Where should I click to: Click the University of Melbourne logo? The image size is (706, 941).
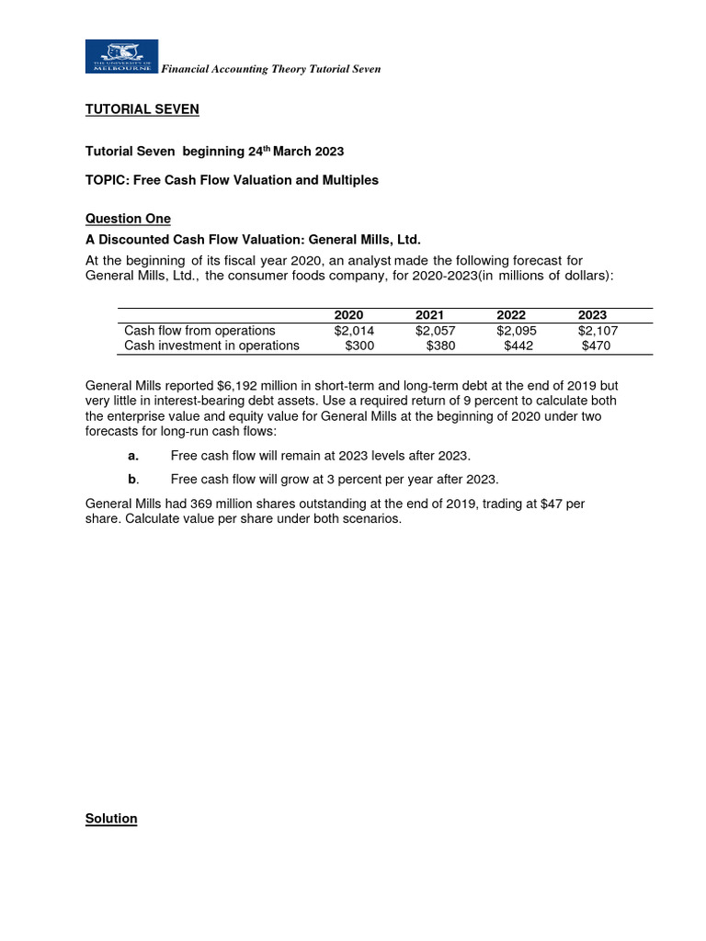(121, 56)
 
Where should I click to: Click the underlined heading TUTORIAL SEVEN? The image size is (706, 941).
(142, 109)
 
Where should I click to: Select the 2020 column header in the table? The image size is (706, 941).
(348, 315)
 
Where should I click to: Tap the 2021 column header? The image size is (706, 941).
(429, 315)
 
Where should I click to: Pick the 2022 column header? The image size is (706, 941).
(511, 315)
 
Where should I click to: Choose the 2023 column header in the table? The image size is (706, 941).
(592, 315)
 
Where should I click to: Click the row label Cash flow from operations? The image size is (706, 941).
(199, 331)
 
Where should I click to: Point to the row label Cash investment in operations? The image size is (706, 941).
(211, 346)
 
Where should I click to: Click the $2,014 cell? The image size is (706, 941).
(354, 331)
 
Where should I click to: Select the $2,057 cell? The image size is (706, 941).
(435, 331)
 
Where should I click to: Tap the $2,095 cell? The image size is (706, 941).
(516, 331)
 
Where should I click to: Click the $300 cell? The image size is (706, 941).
(359, 346)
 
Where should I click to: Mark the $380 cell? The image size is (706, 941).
(441, 346)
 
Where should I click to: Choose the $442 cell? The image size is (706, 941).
(519, 346)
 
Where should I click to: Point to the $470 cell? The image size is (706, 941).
(597, 346)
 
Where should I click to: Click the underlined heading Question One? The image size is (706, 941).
(128, 218)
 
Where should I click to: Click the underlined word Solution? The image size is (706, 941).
(111, 818)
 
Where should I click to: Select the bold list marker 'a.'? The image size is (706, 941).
(134, 455)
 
